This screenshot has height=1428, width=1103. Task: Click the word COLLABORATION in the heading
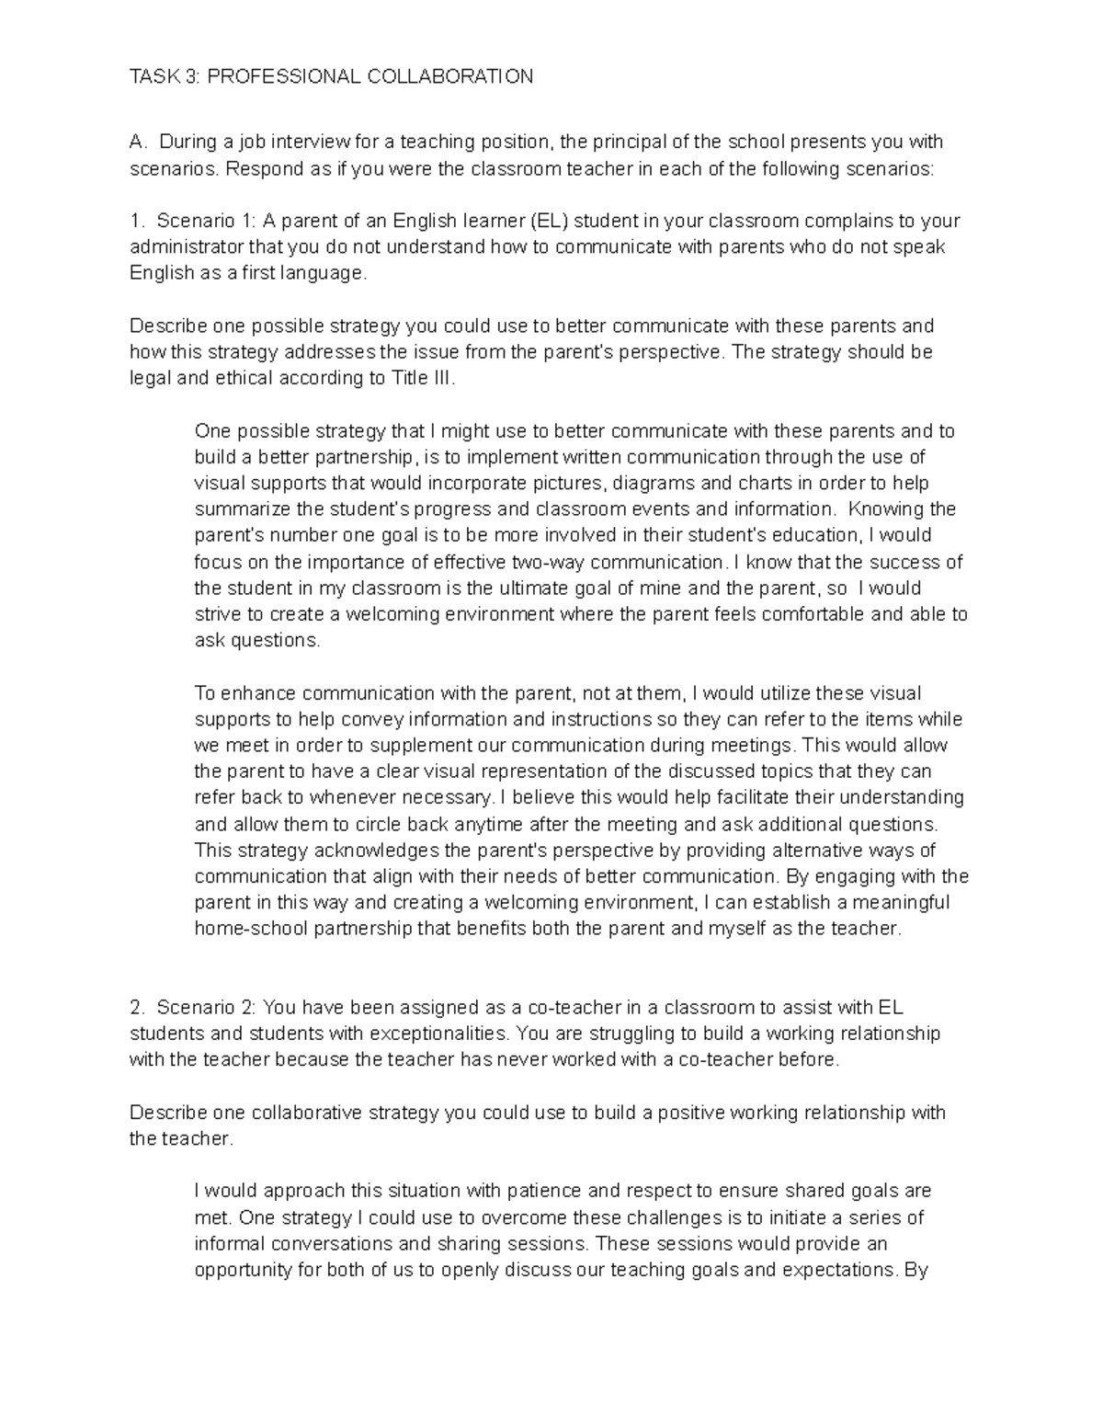tap(450, 76)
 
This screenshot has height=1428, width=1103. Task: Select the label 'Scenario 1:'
tap(207, 221)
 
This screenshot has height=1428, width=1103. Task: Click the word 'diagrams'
tap(648, 484)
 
